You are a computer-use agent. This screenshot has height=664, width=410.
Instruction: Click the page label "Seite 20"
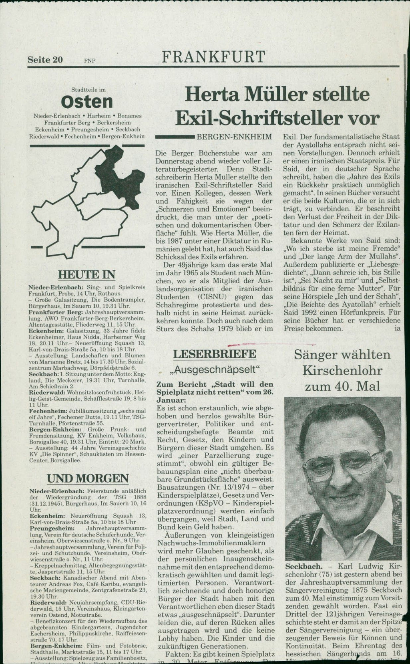[x=45, y=60]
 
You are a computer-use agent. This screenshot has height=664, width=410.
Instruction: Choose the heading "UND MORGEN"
[x=88, y=478]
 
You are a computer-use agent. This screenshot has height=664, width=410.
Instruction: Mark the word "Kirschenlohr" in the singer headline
[x=342, y=370]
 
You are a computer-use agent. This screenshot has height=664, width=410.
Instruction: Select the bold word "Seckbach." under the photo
[x=303, y=567]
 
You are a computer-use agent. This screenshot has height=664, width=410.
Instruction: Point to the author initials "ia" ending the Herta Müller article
[x=397, y=329]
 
